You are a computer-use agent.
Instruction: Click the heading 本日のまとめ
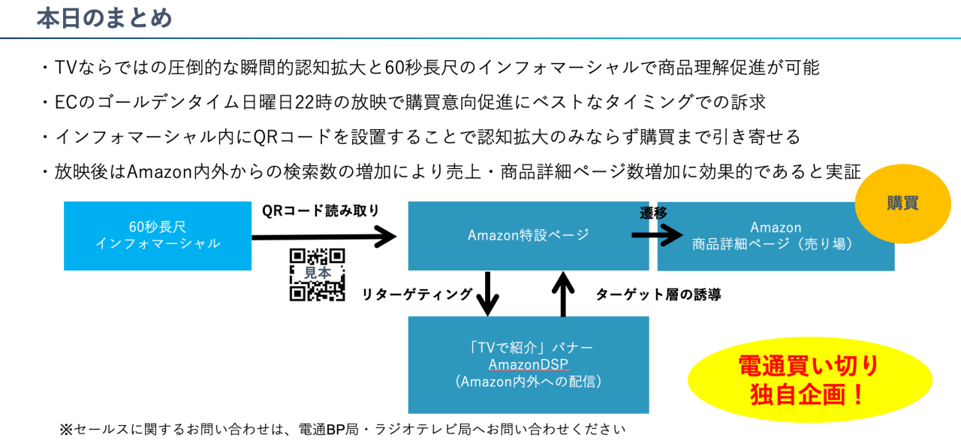104,18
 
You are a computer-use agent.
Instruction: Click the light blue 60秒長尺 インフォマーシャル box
158,235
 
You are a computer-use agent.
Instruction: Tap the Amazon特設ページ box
528,235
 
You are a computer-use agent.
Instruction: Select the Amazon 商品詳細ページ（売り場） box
776,235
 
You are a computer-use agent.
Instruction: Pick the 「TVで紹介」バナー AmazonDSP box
528,364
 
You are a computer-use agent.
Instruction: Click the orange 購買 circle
902,203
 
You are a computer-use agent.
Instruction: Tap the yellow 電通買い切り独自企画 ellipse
809,379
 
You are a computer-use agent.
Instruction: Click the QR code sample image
317,274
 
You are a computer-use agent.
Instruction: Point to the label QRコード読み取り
321,210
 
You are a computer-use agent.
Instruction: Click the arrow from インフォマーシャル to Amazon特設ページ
323,237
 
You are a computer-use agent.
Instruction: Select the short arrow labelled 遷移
650,235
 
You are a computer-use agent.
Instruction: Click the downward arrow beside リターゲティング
488,293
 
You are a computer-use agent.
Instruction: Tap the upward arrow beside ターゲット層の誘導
563,293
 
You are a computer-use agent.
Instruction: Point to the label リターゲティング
417,294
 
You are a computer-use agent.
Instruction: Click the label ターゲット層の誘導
658,294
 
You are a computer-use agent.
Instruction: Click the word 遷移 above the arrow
653,213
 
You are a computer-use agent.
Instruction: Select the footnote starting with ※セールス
342,430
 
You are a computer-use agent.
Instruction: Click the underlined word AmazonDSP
528,365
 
